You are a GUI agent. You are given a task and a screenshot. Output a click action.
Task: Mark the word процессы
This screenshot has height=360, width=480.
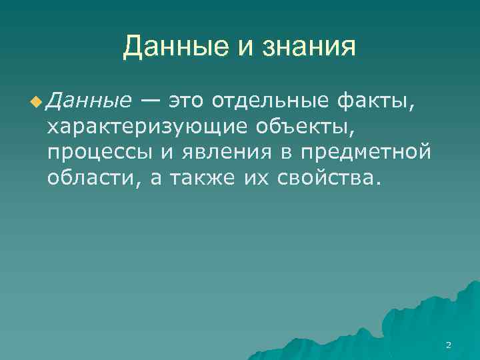click(99, 152)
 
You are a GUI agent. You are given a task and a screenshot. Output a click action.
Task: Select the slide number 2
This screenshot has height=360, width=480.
click(448, 345)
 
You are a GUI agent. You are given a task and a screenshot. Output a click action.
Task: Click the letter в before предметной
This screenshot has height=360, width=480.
click(285, 153)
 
